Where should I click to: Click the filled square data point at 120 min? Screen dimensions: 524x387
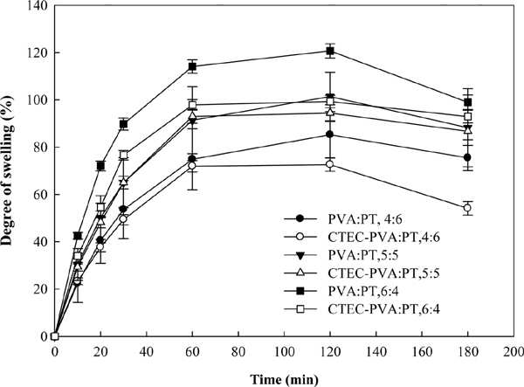[330, 52]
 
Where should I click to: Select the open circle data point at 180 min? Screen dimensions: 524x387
[467, 208]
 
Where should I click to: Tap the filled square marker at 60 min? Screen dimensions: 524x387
[192, 66]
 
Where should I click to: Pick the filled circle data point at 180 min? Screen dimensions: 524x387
[467, 157]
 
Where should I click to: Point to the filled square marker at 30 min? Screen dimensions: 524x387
[124, 124]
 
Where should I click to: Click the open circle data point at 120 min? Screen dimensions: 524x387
[330, 164]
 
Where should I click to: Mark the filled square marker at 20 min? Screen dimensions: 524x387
[100, 165]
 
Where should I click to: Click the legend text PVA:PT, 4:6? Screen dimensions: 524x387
[365, 219]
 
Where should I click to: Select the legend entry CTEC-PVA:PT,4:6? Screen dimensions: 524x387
[383, 238]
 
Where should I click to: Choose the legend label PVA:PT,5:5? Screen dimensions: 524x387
[363, 255]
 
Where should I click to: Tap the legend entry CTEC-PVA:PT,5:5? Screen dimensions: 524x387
[383, 273]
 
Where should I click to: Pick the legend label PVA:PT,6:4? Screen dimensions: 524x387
[363, 292]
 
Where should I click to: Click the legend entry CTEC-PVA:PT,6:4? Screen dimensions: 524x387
[383, 309]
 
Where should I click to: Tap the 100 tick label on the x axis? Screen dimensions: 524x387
[284, 352]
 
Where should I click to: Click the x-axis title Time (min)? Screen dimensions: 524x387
[285, 380]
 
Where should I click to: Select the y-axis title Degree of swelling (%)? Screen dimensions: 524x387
[7, 170]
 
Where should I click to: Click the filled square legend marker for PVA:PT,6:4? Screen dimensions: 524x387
[300, 292]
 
